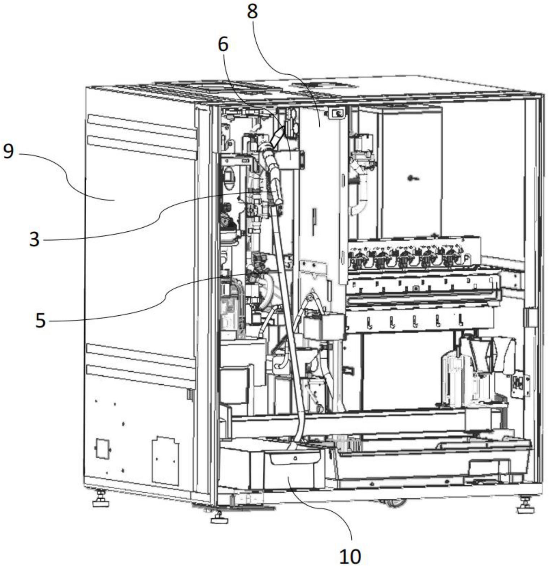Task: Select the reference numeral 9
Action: [8, 151]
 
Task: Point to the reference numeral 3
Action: [34, 239]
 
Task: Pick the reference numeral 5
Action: [40, 320]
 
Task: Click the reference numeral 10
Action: [350, 556]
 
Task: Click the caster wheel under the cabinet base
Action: [394, 502]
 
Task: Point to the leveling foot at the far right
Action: [525, 506]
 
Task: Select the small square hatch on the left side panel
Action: [103, 448]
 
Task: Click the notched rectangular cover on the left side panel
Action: [165, 460]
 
